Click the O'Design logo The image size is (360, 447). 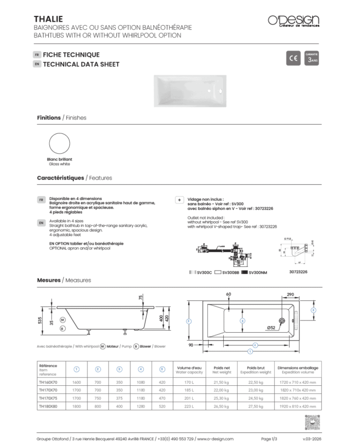tap(294, 21)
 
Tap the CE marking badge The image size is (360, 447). tap(293, 59)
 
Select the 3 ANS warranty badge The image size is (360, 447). tap(312, 59)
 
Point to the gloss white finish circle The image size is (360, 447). tap(59, 145)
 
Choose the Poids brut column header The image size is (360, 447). tap(255, 368)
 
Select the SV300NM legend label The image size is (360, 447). tap(258, 272)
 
